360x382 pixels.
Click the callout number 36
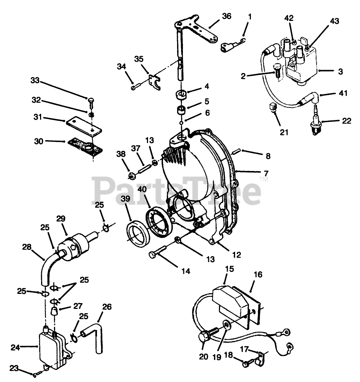(x=226, y=16)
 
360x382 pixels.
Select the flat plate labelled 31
(x=84, y=126)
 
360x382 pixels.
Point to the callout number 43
(x=334, y=21)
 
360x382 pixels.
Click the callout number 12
(x=236, y=255)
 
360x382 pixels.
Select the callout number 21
(x=284, y=132)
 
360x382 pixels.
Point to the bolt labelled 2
(x=277, y=70)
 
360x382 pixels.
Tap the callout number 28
(x=27, y=247)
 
